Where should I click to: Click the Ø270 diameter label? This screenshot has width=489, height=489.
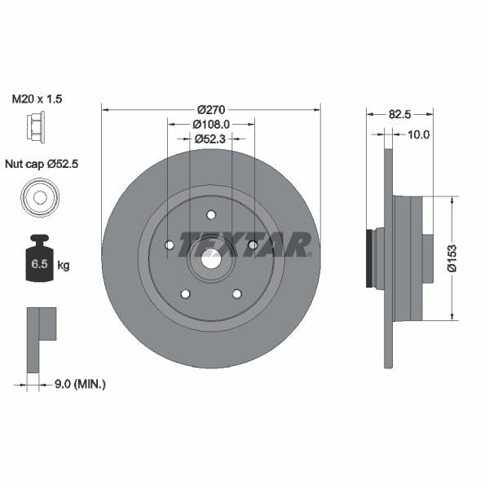tap(211, 108)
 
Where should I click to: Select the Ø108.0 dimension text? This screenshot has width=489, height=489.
tap(211, 124)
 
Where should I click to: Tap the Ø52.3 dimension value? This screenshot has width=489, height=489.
tap(212, 139)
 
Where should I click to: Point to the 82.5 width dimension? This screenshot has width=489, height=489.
tap(399, 115)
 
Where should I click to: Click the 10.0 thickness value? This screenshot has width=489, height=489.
tap(418, 134)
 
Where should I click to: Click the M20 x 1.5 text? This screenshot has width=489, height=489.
tap(37, 99)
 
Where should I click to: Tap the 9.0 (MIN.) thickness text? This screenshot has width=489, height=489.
tap(81, 382)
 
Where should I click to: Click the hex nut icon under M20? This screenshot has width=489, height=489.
tap(35, 126)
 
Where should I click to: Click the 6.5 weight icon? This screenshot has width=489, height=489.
tap(37, 260)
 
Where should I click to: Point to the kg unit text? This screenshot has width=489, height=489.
tap(64, 265)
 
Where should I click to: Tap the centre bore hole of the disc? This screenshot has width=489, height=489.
tap(211, 260)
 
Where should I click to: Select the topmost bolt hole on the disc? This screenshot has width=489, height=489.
tap(211, 215)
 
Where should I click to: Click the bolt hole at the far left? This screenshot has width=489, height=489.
tap(170, 245)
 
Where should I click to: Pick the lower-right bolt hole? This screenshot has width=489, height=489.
tap(237, 293)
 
